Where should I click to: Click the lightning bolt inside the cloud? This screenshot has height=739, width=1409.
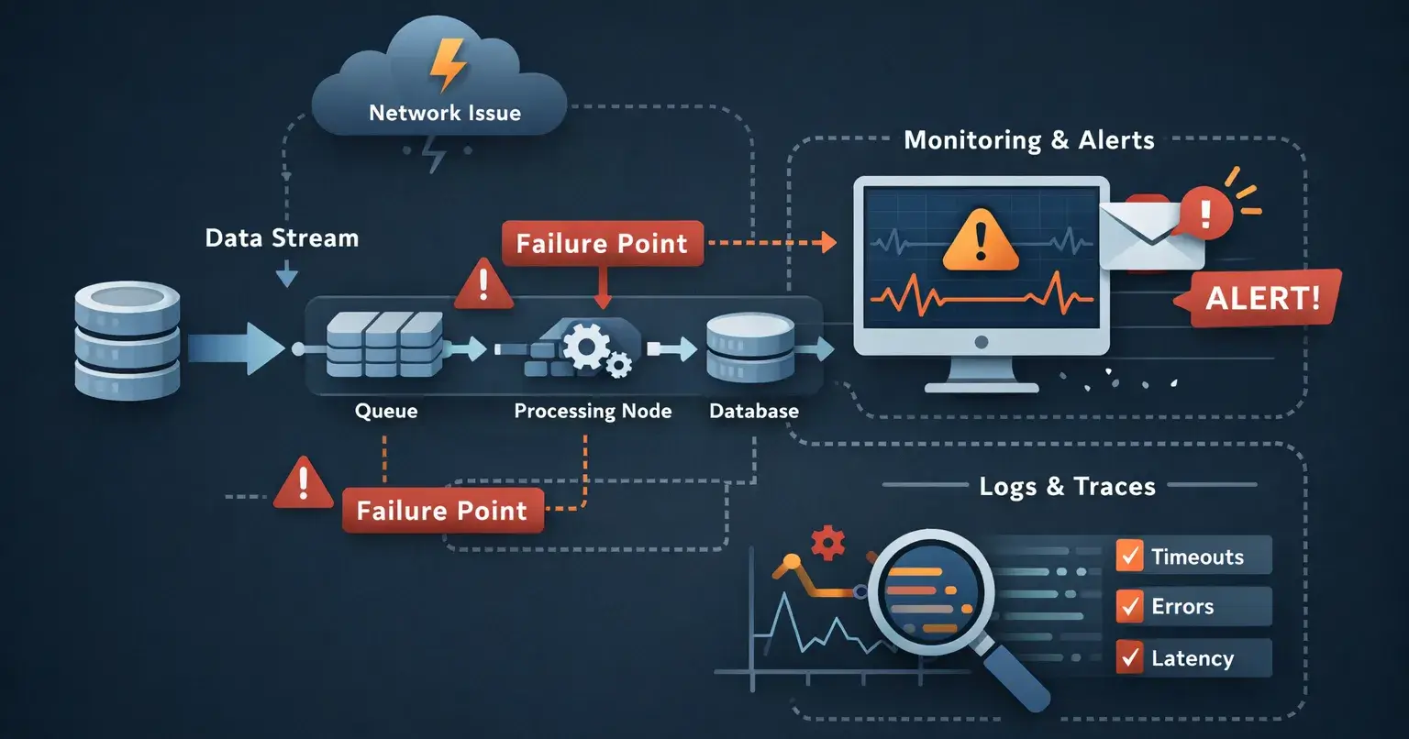(448, 64)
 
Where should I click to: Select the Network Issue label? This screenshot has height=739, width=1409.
(445, 113)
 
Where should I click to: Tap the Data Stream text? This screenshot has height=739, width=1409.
(282, 238)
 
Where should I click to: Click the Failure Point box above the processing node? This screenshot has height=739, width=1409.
(602, 243)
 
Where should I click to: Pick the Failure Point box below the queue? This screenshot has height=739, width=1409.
(442, 511)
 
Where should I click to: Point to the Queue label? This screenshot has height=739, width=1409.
(386, 411)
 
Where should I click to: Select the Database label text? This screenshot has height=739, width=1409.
(754, 411)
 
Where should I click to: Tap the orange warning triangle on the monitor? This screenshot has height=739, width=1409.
(981, 240)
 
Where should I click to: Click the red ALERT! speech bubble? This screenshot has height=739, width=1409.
(1262, 298)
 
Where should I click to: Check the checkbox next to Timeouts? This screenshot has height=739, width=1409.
(1129, 556)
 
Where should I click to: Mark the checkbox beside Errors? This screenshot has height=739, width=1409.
(1129, 606)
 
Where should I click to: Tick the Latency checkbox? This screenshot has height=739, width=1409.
(1129, 657)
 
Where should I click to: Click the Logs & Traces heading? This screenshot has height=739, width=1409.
(1067, 486)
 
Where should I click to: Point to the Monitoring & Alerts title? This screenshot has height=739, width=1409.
(1028, 140)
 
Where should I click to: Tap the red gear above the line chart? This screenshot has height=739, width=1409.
(828, 543)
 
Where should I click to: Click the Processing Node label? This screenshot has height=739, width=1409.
(593, 411)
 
